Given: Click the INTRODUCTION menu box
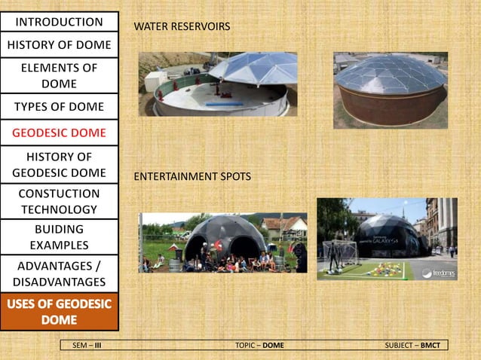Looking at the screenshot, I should [60, 22].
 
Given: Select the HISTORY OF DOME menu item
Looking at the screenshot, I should [60, 45].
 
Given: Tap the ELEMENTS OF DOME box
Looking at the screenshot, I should [60, 75].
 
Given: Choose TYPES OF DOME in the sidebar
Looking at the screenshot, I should [60, 105].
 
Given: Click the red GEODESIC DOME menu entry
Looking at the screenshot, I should [60, 133].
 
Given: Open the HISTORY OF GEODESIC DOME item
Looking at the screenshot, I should [60, 164].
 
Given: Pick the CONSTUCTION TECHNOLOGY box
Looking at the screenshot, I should [60, 201].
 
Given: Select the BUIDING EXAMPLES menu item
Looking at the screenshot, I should [60, 236].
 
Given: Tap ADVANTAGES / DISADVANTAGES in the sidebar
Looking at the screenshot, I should [60, 273].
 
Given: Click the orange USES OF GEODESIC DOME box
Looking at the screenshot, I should [60, 312].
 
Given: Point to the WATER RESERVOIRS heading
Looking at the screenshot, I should [182, 27].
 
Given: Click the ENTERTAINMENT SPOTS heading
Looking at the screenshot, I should [191, 176].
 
